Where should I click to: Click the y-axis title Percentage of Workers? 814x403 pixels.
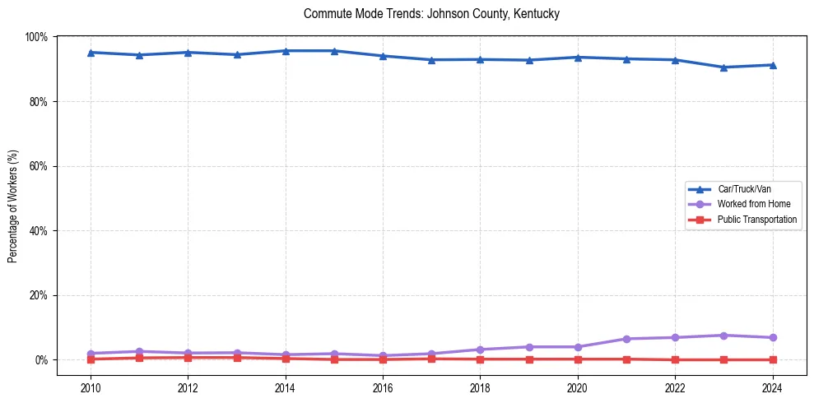tap(13, 206)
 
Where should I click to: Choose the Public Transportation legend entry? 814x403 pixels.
tap(757, 220)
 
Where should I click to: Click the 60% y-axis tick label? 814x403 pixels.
tap(38, 166)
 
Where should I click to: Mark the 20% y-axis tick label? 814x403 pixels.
tap(38, 295)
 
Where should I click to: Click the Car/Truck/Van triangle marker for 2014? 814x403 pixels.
tap(286, 51)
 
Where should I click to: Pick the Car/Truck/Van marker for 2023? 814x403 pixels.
tap(723, 67)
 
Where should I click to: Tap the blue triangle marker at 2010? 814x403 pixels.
tap(91, 53)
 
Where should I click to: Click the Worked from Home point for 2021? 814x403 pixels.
tap(626, 339)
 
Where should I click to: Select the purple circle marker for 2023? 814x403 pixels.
tap(723, 336)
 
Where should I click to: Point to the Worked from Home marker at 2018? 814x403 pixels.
tap(480, 350)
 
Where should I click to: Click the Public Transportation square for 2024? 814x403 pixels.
tap(772, 359)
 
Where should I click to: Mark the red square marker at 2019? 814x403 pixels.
tap(529, 359)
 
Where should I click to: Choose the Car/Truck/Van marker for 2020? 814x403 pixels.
tap(578, 58)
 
